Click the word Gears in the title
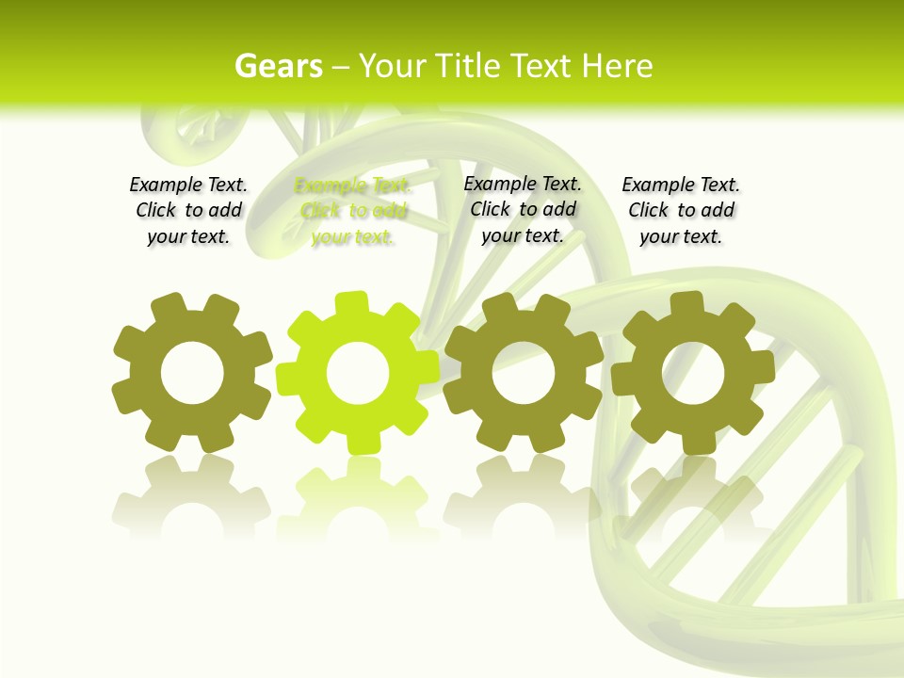click(279, 66)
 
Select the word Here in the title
click(617, 66)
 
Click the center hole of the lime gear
click(358, 374)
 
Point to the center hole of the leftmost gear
click(192, 374)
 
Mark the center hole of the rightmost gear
click(693, 372)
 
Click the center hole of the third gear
click(524, 373)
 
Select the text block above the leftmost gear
click(188, 211)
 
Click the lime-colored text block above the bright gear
click(353, 211)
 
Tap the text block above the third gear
click(523, 209)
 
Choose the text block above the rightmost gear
click(681, 211)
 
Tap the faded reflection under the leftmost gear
click(192, 499)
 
